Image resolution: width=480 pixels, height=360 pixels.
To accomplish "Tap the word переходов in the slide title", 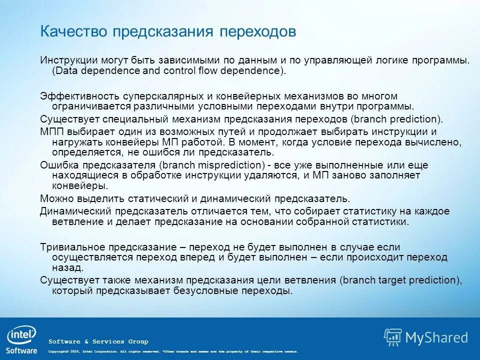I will tap(258, 31).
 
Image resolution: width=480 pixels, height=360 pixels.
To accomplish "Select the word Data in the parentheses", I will tap(65, 70).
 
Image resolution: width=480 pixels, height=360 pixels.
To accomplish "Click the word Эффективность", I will tap(75, 96).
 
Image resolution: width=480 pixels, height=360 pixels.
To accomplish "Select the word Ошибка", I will tap(57, 165).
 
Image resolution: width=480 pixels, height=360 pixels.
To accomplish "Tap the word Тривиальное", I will tap(73, 247).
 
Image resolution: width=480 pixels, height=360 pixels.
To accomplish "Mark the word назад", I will tap(65, 268).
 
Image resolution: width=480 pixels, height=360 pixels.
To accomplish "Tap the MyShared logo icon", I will tap(393, 337).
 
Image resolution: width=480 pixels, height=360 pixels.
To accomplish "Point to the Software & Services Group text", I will tap(98, 341).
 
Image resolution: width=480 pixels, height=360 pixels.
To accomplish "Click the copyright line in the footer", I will tap(172, 351).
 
